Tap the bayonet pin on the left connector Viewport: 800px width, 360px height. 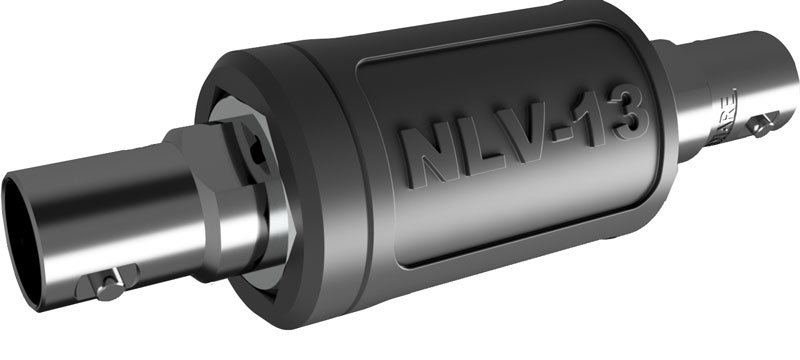coord(110,281)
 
